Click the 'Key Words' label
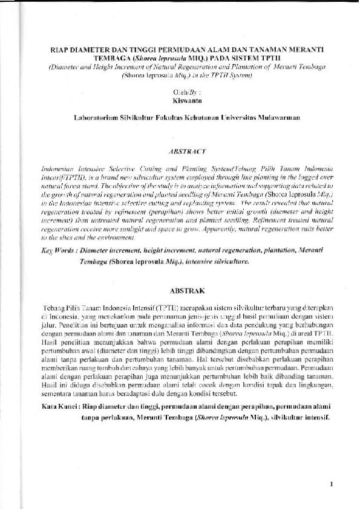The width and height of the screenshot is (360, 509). point(57,250)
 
